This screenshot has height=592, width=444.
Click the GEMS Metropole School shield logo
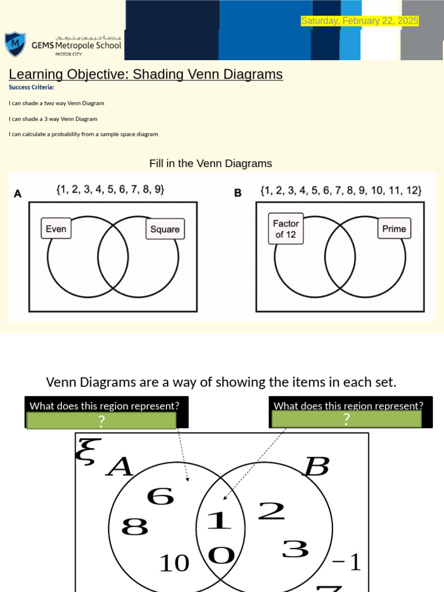tap(15, 45)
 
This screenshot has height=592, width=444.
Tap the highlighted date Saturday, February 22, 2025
tap(360, 21)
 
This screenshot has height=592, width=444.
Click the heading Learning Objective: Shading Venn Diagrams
tap(146, 75)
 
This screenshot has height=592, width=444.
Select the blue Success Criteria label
tap(31, 87)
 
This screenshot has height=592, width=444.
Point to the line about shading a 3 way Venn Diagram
tap(53, 119)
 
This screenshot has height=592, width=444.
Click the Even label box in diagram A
tap(56, 228)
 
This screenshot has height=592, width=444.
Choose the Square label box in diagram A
tap(165, 229)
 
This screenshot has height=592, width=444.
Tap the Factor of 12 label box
tap(286, 229)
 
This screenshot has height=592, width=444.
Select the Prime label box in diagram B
tap(394, 228)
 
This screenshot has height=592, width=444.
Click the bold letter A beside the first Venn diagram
tap(17, 194)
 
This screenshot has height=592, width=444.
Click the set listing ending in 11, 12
tap(341, 190)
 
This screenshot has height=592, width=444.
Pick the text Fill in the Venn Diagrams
tap(210, 164)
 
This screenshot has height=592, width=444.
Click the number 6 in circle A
tap(160, 496)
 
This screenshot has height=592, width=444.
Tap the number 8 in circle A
tap(135, 527)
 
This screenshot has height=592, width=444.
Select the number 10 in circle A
tap(174, 563)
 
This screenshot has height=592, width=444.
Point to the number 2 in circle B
tap(271, 511)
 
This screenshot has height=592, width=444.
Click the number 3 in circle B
tap(295, 549)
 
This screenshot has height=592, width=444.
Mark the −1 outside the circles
tap(346, 562)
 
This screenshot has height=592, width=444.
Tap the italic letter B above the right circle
tap(316, 467)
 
